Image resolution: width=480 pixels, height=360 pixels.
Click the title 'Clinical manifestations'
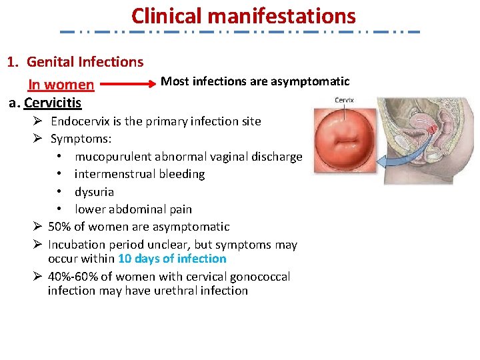(243, 15)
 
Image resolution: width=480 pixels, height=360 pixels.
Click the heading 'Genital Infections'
(85, 62)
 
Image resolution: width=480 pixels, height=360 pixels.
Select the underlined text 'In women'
(61, 85)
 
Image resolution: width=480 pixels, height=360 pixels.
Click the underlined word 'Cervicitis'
(53, 103)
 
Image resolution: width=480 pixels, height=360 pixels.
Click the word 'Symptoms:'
(81, 139)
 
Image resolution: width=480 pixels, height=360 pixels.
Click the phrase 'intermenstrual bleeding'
(139, 174)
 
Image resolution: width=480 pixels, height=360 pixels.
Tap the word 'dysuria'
(94, 191)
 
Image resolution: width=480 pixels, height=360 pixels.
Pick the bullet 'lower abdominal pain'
(133, 209)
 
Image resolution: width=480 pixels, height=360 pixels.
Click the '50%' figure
(61, 227)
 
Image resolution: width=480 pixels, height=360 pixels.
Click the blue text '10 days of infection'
(172, 259)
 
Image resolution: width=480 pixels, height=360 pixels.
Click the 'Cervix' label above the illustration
(344, 101)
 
